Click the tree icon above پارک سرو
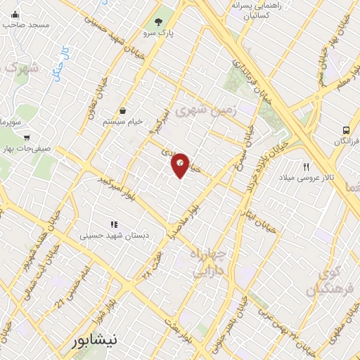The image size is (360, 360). click(158, 20)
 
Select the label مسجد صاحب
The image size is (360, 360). click(25, 25)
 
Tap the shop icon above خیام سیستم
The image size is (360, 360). click(123, 110)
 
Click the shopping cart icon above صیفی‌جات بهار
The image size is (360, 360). click(27, 138)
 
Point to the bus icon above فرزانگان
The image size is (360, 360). click(346, 130)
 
